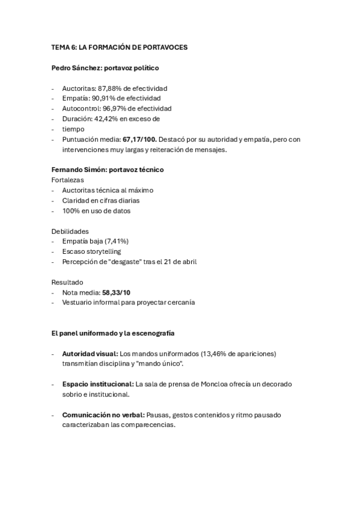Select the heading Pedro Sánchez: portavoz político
pos(105,69)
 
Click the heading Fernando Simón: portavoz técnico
pos(108,170)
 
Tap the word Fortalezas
pos(68,180)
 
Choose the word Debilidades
pos(70,231)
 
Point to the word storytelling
pos(101,251)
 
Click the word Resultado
pos(67,282)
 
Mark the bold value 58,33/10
pos(117,292)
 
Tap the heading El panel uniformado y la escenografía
pos(113,333)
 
